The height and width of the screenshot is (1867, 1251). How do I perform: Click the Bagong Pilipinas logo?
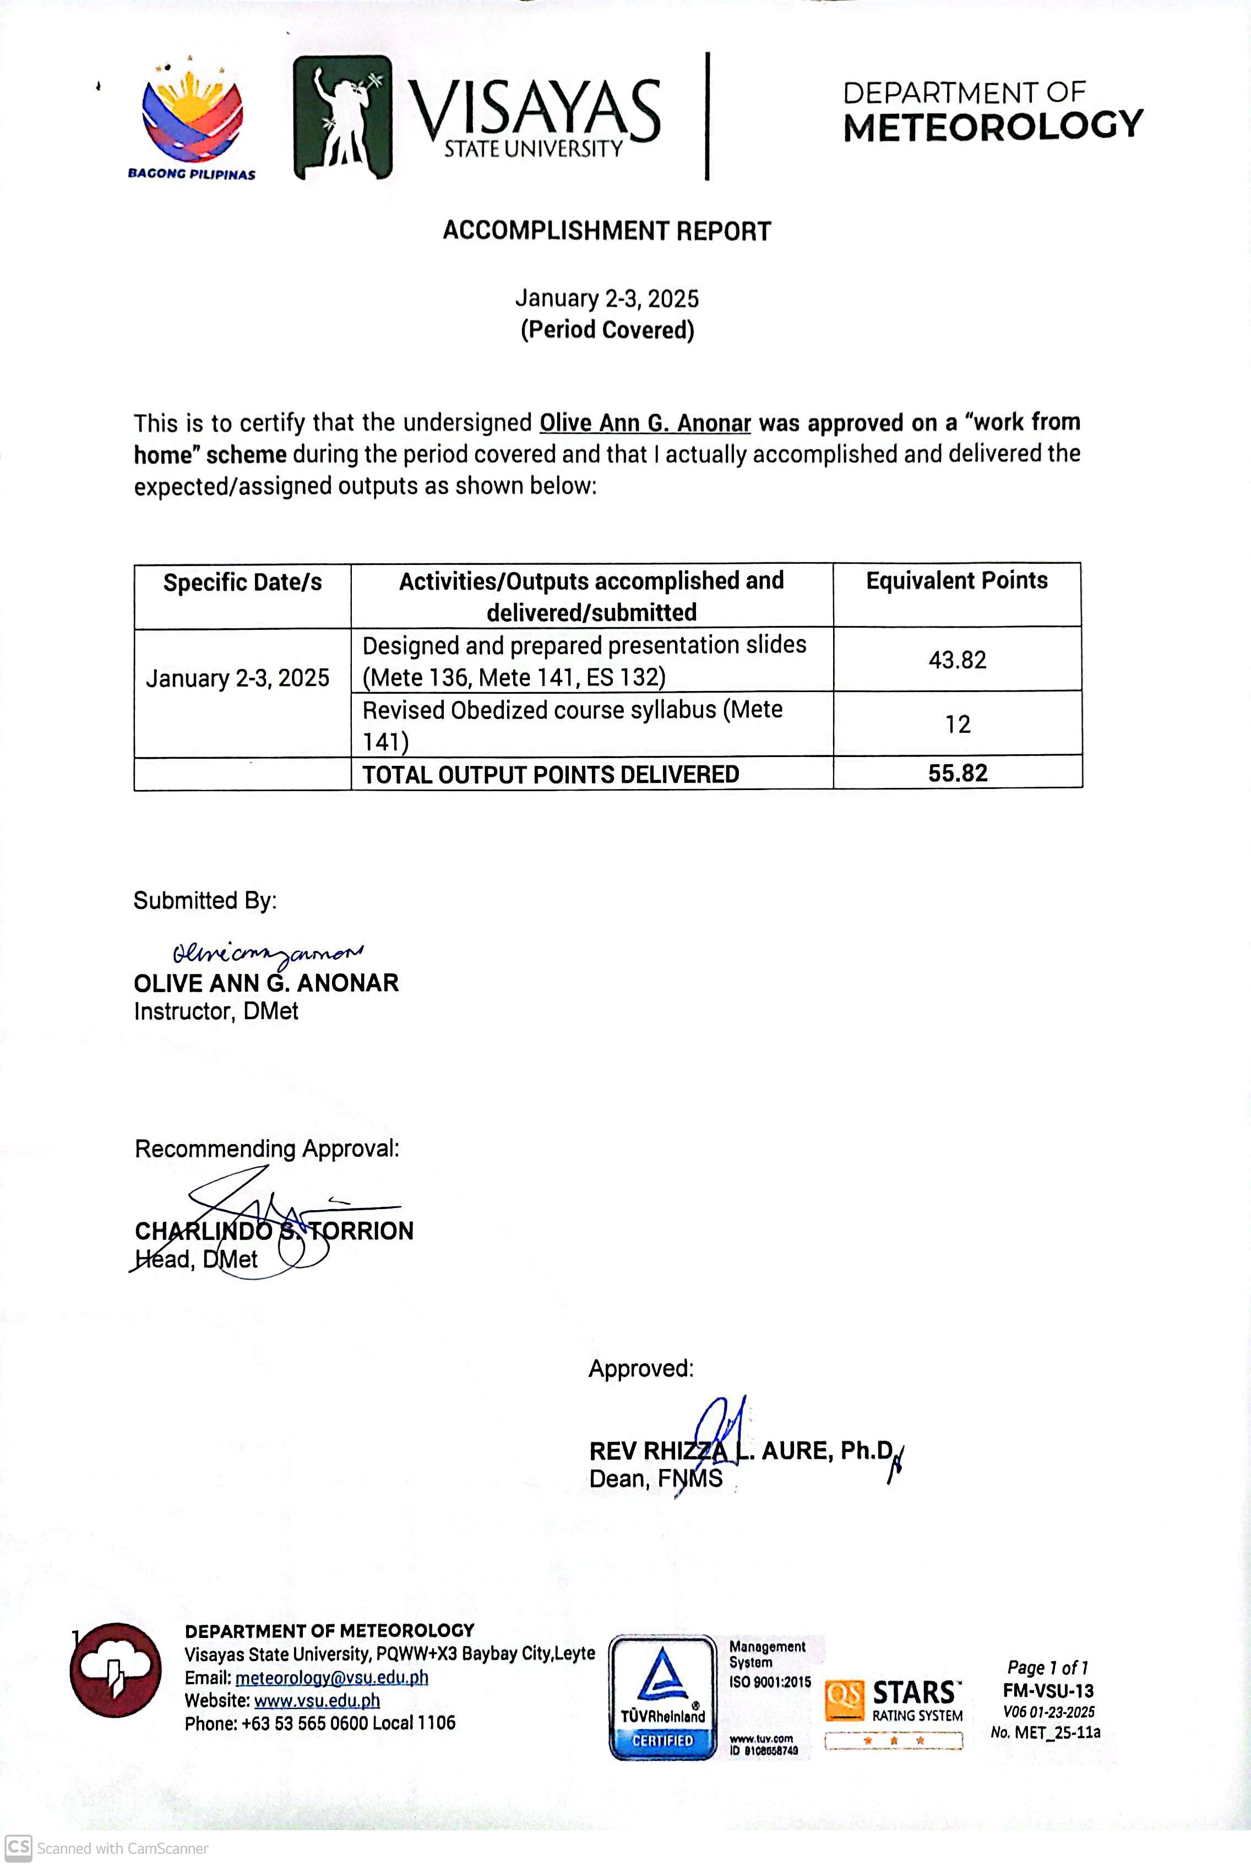point(192,119)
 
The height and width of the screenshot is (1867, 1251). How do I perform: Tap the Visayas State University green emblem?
point(342,117)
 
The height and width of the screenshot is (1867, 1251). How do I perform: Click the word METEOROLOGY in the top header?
point(993,127)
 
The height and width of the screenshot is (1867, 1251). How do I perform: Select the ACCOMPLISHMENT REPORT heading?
point(606,231)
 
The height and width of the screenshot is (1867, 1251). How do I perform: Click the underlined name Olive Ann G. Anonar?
point(645,423)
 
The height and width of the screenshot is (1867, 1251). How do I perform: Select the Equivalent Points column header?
point(956,581)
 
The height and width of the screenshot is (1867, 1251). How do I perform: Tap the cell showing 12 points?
point(958,724)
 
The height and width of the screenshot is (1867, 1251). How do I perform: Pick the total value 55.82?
point(958,773)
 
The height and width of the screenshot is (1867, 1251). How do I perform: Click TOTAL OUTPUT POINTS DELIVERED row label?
point(551,775)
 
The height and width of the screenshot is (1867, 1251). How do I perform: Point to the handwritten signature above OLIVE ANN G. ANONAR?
point(266,953)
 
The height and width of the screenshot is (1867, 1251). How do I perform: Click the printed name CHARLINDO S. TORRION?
point(274,1231)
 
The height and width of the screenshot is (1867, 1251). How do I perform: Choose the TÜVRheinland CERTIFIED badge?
point(663,1696)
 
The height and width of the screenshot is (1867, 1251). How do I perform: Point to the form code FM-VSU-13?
point(1048,1691)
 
